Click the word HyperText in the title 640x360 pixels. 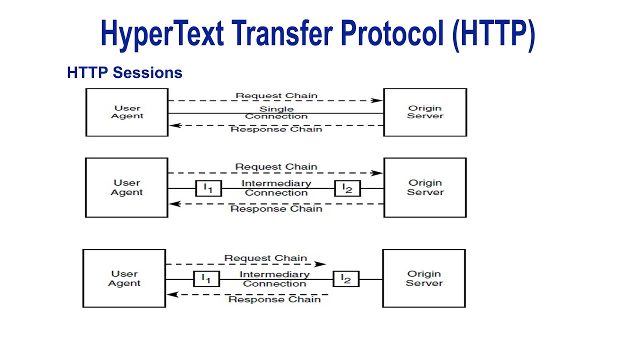[x=160, y=33]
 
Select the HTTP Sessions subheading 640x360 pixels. [x=124, y=73]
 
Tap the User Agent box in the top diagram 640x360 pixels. [x=127, y=112]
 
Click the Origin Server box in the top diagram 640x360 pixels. [x=425, y=112]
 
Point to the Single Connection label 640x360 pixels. [x=276, y=112]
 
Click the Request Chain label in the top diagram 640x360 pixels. [x=276, y=95]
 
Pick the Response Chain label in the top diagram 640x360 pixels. [x=276, y=129]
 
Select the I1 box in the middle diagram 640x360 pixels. [x=208, y=188]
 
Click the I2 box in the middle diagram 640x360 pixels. [x=347, y=188]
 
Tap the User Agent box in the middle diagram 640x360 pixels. [x=126, y=187]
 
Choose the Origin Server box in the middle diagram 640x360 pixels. [x=425, y=187]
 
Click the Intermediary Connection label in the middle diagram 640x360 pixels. [x=276, y=188]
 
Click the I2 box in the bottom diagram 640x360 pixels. [x=346, y=278]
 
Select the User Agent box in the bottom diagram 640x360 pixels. [x=124, y=278]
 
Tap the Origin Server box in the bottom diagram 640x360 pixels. [x=424, y=278]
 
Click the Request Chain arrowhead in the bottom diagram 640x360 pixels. [x=321, y=264]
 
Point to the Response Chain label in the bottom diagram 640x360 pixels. [x=274, y=299]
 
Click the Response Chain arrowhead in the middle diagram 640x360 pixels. [x=173, y=204]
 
